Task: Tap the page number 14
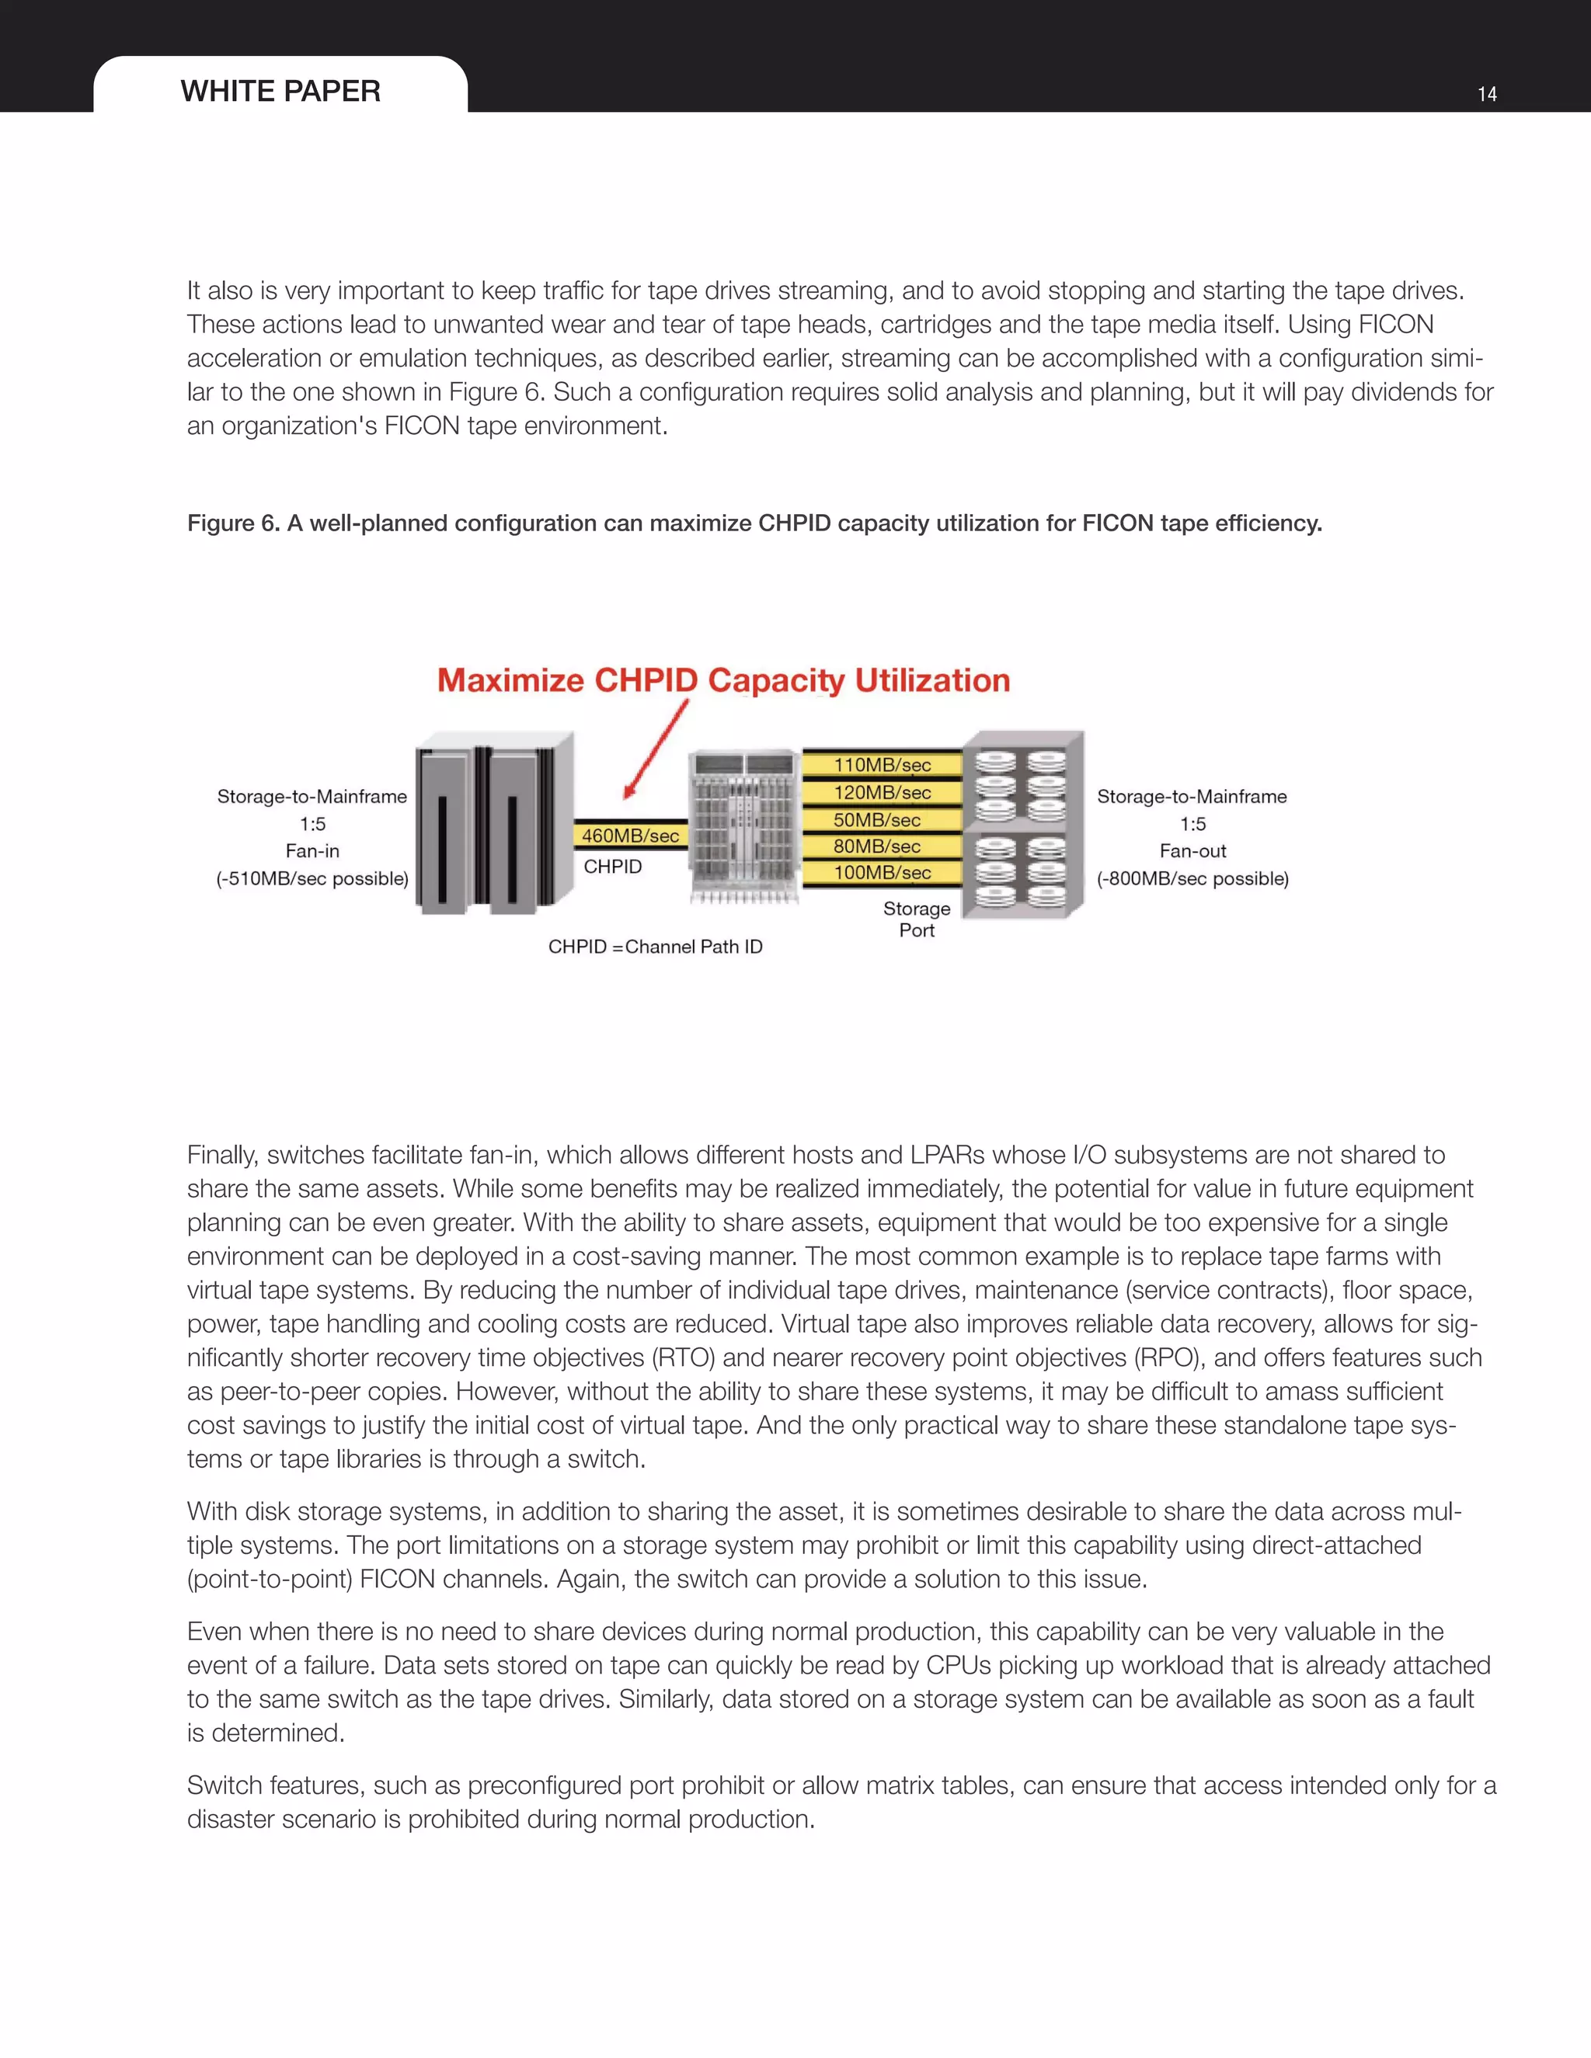(x=1486, y=94)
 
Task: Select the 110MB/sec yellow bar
(x=883, y=765)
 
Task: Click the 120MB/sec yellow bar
(x=883, y=792)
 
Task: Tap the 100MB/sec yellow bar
(x=883, y=873)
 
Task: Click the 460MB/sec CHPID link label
(x=629, y=836)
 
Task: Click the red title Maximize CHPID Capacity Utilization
(x=723, y=680)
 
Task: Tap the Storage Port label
(x=916, y=919)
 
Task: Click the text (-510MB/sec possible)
(x=312, y=878)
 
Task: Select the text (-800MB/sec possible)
(x=1192, y=878)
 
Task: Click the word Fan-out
(x=1192, y=851)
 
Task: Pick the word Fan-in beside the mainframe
(x=312, y=851)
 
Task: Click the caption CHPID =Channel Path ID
(x=655, y=946)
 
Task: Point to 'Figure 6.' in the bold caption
(x=233, y=523)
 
